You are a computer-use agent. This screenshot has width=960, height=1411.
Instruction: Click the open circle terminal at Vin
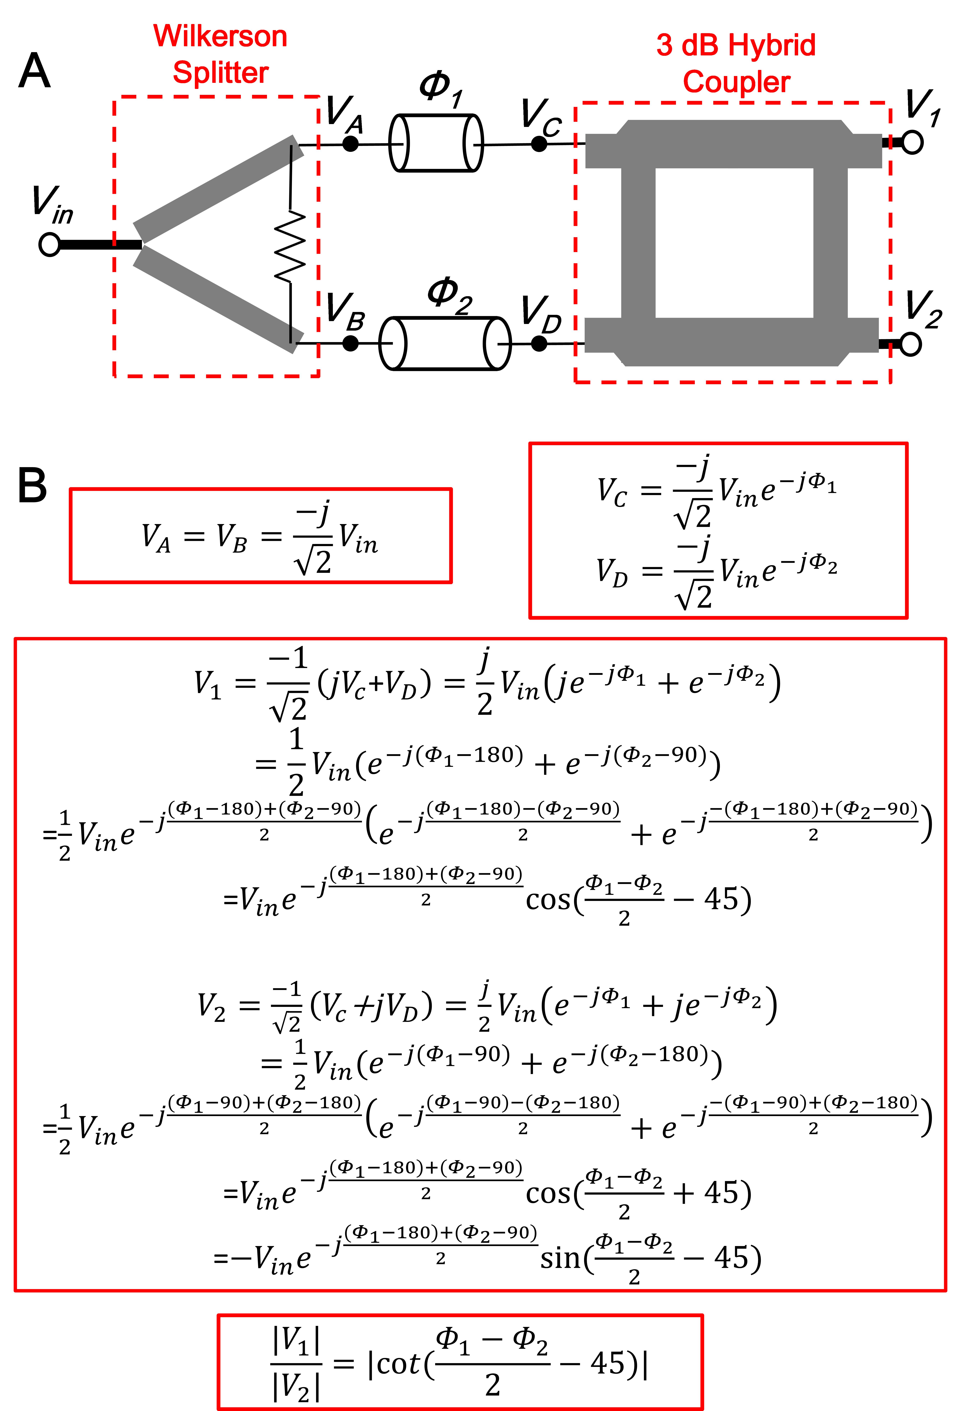coord(49,245)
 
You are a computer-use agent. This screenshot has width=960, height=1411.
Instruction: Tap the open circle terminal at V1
coord(912,143)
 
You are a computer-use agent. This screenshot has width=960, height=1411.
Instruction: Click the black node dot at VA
coord(351,144)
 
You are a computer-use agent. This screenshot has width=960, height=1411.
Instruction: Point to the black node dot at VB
coord(351,343)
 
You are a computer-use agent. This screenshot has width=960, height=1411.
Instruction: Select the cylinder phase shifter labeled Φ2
coord(445,343)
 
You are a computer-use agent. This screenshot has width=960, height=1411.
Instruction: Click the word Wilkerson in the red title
coord(220,36)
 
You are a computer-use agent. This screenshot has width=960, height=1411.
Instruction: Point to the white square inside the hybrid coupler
coord(734,243)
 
